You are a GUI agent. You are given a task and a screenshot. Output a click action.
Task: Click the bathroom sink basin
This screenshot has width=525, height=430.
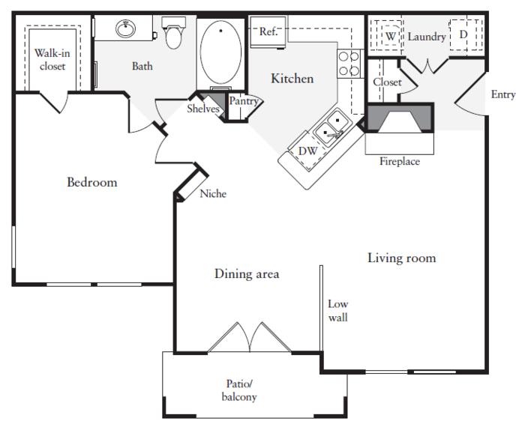point(125,28)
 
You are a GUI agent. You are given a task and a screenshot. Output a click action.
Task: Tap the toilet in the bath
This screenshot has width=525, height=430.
point(173,33)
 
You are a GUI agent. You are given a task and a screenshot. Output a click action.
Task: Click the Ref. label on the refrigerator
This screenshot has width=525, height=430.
point(268,31)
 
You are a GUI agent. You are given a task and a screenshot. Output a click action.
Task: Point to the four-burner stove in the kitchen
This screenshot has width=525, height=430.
point(349,64)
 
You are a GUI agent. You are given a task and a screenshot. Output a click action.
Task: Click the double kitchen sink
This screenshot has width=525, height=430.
point(331,127)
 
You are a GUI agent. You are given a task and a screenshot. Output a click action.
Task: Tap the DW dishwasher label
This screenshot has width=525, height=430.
point(307,151)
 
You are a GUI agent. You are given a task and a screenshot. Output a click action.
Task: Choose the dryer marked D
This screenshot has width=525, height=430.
point(466,34)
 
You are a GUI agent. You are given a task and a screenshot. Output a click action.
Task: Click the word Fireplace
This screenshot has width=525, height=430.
point(400,162)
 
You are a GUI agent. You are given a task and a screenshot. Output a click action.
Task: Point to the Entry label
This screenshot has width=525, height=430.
point(503,94)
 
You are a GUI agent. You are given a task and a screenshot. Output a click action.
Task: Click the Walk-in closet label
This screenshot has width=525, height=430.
point(52,59)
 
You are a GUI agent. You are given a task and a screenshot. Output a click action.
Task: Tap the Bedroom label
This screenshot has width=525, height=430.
point(92,182)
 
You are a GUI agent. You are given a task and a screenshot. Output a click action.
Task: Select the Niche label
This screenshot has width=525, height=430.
point(213,193)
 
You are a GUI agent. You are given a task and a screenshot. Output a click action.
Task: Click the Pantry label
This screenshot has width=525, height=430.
point(244,100)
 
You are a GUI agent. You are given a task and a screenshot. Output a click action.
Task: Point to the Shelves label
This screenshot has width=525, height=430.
point(203,109)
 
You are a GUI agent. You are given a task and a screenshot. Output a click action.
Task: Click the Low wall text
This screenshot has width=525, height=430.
point(337,311)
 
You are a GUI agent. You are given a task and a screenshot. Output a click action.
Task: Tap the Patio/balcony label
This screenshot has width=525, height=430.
point(239,390)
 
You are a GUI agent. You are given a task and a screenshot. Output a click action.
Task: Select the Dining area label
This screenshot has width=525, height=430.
point(247,274)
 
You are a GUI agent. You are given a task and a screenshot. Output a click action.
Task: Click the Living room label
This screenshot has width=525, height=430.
point(402,258)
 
